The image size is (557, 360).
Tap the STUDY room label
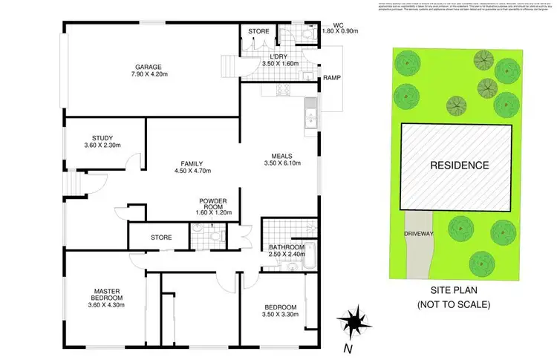[x=102, y=137]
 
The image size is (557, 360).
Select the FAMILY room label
[x=192, y=163]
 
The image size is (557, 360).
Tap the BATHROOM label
[x=287, y=247]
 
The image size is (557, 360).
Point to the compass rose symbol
[x=352, y=321]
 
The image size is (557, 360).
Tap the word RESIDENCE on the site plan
[x=460, y=166]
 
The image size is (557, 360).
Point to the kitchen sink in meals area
[x=310, y=115]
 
